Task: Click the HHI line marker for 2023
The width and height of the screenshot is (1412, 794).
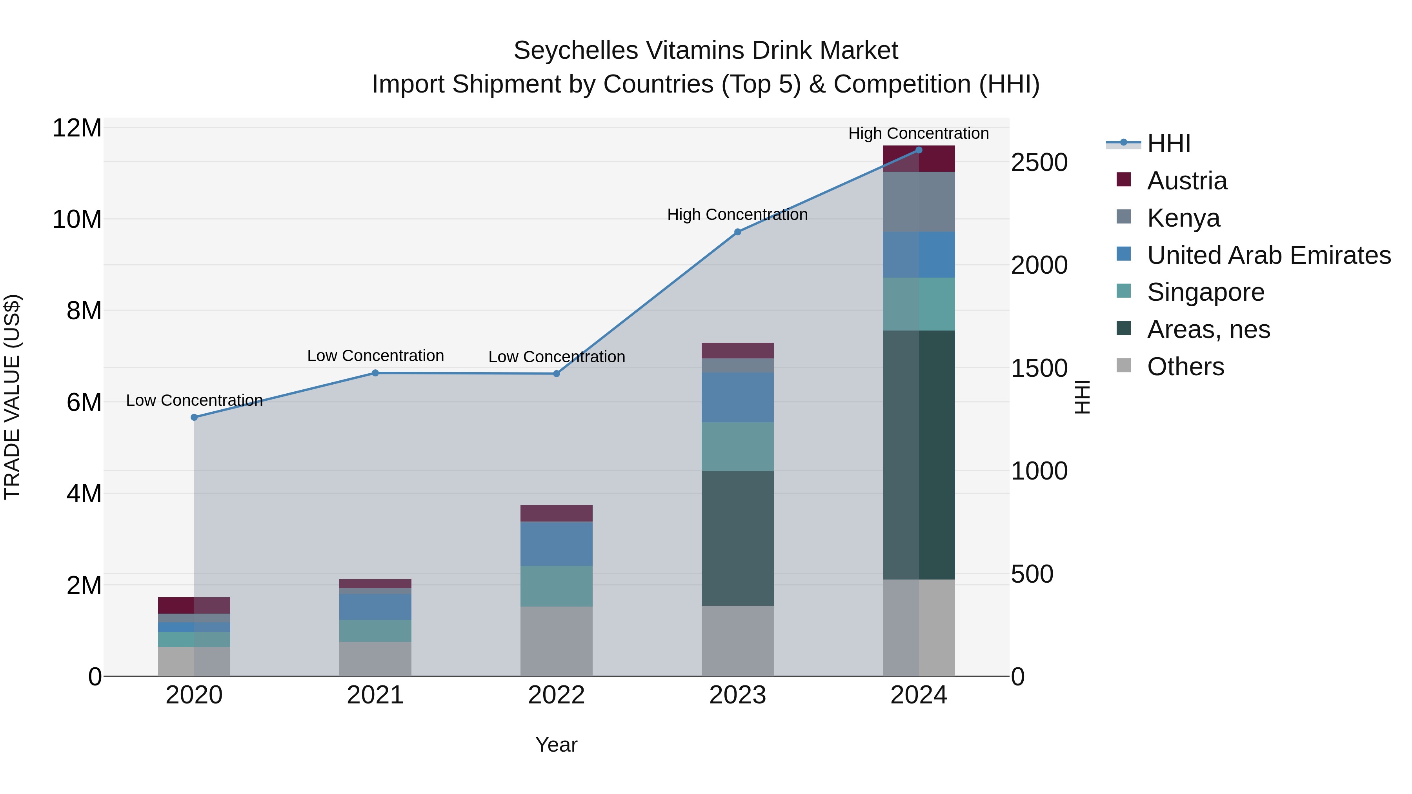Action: (737, 232)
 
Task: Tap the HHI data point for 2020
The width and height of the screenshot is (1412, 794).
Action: (194, 417)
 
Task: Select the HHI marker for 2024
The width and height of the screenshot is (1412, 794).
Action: (919, 150)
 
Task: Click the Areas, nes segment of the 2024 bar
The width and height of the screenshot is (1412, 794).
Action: (919, 455)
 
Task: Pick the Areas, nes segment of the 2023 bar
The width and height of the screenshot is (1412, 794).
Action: (737, 538)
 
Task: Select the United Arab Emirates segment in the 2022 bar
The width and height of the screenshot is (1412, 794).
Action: (556, 543)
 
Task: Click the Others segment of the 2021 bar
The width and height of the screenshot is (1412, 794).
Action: (375, 659)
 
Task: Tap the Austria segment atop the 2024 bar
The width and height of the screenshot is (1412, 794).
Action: (919, 159)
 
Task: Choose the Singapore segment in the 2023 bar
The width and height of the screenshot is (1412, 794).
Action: (737, 446)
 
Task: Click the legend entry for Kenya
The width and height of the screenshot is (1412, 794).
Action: (1183, 218)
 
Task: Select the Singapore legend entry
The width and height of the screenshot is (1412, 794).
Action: (1205, 292)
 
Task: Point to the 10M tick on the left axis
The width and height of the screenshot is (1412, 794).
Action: (77, 220)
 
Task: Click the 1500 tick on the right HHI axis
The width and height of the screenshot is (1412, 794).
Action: (1039, 368)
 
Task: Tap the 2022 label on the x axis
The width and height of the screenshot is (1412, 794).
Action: (556, 695)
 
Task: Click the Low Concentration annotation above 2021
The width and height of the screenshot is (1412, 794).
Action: (375, 356)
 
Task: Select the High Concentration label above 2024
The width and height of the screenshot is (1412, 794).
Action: (918, 133)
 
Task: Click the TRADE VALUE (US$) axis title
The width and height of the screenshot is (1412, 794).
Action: (12, 397)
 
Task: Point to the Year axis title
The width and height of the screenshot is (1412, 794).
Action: (556, 745)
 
